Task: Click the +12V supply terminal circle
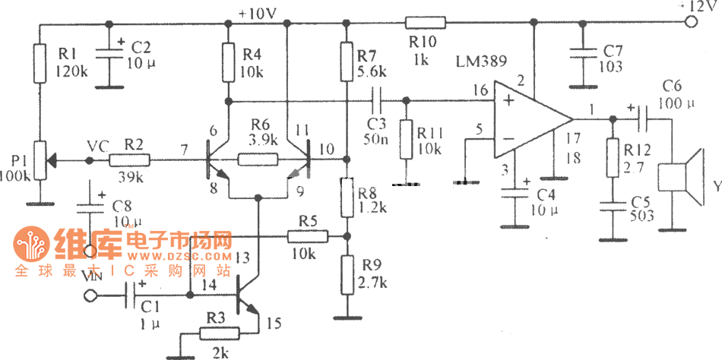coord(690,22)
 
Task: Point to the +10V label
coord(258,13)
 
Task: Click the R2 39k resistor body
coord(128,160)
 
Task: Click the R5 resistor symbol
coord(308,236)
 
